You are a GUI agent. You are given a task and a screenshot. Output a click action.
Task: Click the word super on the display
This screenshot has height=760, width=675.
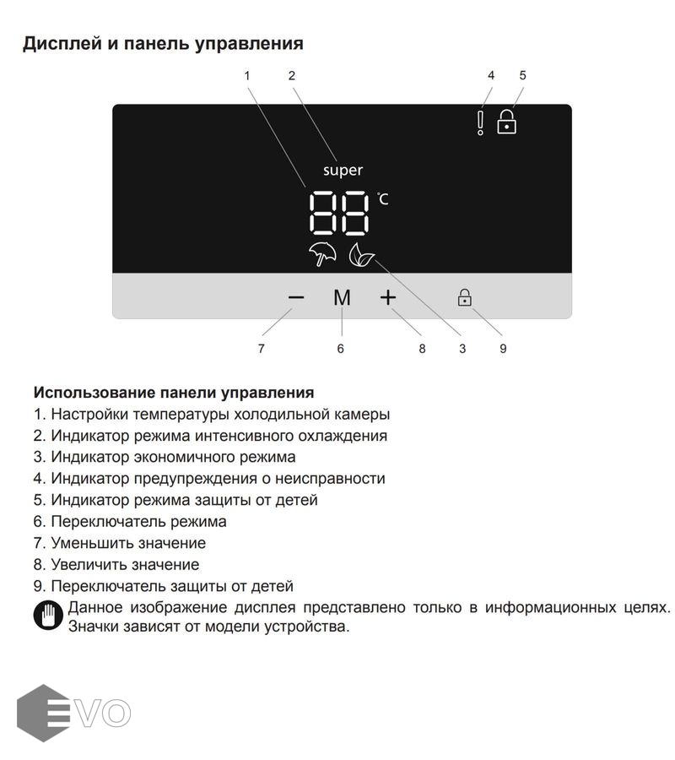coord(343,170)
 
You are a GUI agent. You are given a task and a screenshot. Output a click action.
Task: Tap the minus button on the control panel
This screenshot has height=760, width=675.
coord(295,297)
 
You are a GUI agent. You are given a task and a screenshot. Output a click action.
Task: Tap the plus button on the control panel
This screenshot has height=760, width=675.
coord(387,297)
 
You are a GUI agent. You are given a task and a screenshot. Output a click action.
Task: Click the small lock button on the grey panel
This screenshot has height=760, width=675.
coord(464,297)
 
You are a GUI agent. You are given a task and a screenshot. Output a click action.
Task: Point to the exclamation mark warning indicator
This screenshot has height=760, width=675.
coord(480,122)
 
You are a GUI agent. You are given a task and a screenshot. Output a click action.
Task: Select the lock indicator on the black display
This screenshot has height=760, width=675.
coord(506,122)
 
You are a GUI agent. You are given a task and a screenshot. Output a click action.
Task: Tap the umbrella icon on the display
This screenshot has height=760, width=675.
coord(322,255)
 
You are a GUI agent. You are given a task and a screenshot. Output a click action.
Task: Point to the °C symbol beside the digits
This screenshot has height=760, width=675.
coord(383,199)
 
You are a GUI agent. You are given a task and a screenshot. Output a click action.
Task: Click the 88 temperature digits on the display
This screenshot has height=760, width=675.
coord(339,213)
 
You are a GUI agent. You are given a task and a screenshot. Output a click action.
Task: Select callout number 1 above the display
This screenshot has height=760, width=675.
coord(247,75)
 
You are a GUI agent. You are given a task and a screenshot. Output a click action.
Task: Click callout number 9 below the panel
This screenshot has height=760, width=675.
coord(503,348)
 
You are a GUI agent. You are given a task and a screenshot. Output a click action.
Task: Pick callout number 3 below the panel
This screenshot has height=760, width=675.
coord(462,348)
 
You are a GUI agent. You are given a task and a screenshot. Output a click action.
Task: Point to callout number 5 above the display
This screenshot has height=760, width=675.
coord(522,75)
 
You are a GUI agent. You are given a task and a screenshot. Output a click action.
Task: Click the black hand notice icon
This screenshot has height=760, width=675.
coord(48,615)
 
